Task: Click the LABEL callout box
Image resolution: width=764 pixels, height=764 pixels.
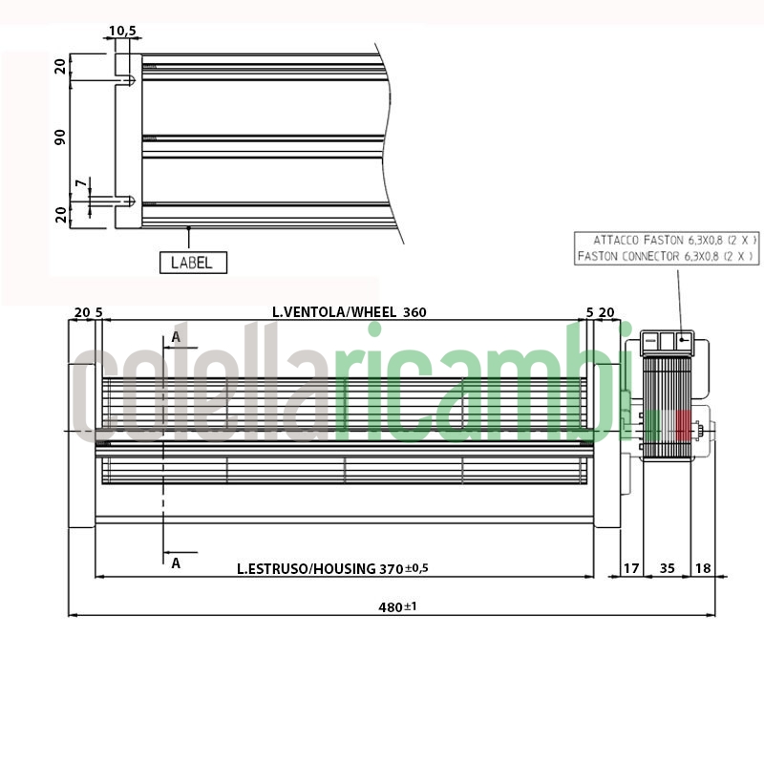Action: [193, 263]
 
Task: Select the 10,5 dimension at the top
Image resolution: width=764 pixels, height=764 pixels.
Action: [123, 32]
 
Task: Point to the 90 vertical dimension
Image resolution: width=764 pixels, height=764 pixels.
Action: [60, 137]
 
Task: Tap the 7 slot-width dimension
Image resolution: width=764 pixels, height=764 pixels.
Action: [81, 183]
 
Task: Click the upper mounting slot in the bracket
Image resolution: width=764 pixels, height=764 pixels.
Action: [125, 80]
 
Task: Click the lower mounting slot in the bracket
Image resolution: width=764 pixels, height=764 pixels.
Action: [125, 201]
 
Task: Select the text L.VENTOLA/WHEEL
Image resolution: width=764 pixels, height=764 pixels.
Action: [334, 312]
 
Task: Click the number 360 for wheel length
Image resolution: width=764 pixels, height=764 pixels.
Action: [414, 312]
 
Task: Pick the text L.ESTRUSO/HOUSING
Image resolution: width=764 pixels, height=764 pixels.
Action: [306, 568]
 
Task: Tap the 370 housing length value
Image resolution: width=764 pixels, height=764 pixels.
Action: [392, 568]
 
